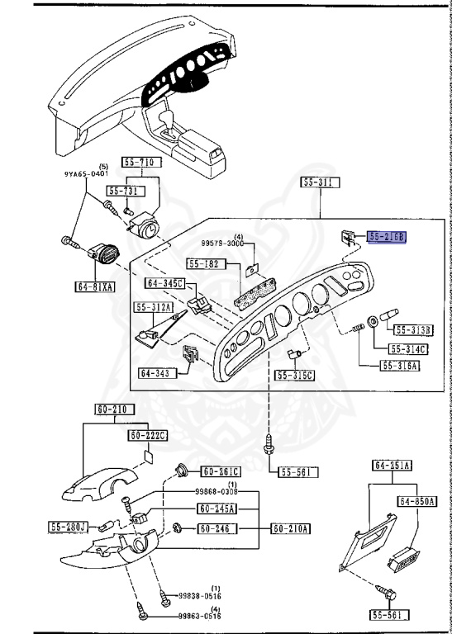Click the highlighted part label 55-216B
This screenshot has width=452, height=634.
(388, 236)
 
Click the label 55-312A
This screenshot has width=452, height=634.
(155, 307)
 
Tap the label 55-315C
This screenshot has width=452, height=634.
(295, 376)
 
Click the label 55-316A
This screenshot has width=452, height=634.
(399, 365)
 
